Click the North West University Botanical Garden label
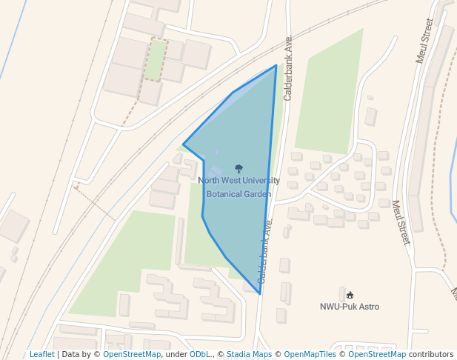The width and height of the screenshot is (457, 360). [x=238, y=187]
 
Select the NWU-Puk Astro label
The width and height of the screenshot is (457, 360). [x=350, y=306]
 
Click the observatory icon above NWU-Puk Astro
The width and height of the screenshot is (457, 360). [x=350, y=295]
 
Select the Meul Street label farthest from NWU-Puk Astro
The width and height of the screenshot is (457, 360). [x=424, y=41]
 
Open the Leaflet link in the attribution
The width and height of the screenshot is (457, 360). [x=41, y=355]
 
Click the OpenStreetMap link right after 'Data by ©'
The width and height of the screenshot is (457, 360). [x=131, y=355]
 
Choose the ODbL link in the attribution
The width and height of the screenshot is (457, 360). [x=200, y=355]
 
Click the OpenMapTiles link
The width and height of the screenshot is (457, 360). [x=310, y=355]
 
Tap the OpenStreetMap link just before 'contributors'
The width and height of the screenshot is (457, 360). [x=377, y=355]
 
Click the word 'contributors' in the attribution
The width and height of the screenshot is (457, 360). [x=431, y=355]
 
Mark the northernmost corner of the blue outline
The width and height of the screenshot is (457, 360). [x=276, y=65]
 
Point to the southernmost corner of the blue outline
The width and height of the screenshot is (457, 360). [x=260, y=294]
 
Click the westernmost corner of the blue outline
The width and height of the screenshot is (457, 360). [x=183, y=144]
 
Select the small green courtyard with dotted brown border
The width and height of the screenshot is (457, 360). [x=156, y=60]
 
